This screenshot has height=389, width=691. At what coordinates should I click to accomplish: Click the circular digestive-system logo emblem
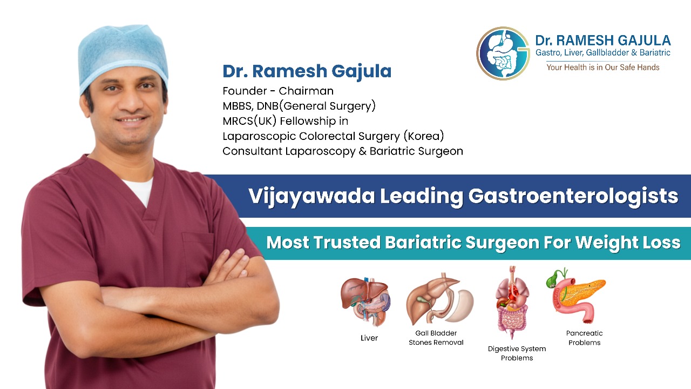click(503, 53)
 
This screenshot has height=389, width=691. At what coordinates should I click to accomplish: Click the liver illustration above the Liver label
click(365, 301)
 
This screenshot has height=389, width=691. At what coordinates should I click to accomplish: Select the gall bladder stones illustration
click(439, 299)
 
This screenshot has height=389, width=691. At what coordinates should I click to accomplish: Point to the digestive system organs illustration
click(513, 303)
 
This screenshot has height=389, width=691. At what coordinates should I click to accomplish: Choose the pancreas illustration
click(576, 296)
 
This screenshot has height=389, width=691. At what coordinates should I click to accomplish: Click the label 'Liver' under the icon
click(369, 338)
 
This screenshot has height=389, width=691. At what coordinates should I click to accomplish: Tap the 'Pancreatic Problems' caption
click(584, 338)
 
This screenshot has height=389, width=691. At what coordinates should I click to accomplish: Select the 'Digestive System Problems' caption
click(517, 353)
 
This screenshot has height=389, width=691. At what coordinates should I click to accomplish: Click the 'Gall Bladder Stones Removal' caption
click(436, 338)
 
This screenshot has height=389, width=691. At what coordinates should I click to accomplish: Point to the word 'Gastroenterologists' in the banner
click(573, 197)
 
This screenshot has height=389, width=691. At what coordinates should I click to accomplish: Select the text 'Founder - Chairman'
click(278, 91)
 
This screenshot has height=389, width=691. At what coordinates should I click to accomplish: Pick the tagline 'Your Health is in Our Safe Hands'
click(603, 68)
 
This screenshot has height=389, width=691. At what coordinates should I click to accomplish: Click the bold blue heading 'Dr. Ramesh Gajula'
click(307, 71)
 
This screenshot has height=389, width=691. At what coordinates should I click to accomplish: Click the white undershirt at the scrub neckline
click(139, 190)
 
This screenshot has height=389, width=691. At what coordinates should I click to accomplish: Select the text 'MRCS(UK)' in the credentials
click(249, 121)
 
